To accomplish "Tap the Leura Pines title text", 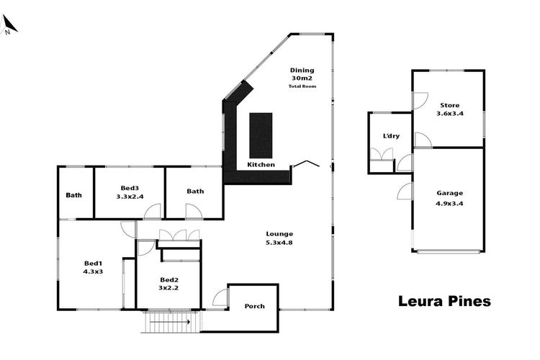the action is (x=444, y=301).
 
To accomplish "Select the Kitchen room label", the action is (x=261, y=165).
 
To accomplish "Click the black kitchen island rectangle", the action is (x=261, y=135).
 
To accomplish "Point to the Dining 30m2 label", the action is (x=302, y=74).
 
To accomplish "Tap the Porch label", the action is (x=254, y=306).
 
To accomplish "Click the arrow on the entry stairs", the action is (x=170, y=322).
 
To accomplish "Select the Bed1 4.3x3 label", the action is (x=93, y=267).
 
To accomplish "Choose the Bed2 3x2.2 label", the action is (x=168, y=284).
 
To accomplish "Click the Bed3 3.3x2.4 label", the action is (x=130, y=192).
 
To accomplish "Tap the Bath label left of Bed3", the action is (x=73, y=195).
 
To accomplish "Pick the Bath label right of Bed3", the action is (x=195, y=192).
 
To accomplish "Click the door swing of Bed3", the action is (x=153, y=211).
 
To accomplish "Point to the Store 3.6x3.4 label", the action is (x=450, y=109).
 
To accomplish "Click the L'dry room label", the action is (x=391, y=136).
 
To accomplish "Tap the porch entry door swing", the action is (x=220, y=297).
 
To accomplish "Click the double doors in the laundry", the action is (x=382, y=154).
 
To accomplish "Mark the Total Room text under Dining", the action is (x=302, y=86).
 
